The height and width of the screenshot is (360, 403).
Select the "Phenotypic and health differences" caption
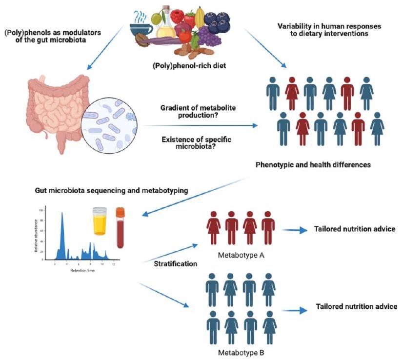313,165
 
